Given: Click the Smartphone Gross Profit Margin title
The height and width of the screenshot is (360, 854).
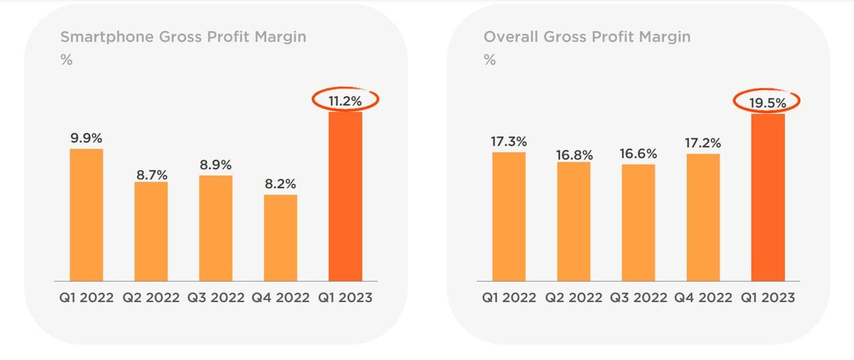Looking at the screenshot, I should [x=183, y=37].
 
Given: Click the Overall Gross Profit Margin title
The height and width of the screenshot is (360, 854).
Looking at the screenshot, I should [x=587, y=37].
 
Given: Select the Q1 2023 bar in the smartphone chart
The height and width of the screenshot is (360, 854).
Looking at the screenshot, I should [x=345, y=197].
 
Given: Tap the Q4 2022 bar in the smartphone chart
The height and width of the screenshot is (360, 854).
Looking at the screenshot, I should [x=281, y=238].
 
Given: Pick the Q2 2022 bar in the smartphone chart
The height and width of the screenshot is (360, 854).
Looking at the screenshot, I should [x=151, y=231].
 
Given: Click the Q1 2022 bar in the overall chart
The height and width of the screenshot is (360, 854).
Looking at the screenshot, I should [x=508, y=217].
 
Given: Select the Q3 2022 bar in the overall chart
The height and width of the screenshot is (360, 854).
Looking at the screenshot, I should [x=638, y=223].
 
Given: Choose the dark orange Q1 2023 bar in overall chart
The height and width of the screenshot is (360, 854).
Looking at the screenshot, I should [x=767, y=198].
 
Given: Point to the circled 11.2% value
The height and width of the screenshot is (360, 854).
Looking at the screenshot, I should [x=345, y=100].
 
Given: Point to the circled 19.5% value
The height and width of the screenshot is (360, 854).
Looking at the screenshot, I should [x=767, y=102].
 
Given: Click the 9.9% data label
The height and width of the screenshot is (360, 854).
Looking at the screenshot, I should [x=87, y=139].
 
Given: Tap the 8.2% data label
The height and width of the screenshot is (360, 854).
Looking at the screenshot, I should [x=281, y=185].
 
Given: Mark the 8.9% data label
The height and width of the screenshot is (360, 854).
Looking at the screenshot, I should [x=216, y=165].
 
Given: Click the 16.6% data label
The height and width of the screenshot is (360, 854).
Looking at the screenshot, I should [x=638, y=154].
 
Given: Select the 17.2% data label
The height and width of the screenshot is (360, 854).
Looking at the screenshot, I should [x=703, y=143].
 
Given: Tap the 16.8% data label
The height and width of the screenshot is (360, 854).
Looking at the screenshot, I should [x=573, y=155].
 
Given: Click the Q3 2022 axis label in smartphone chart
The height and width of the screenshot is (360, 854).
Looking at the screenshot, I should [x=216, y=298].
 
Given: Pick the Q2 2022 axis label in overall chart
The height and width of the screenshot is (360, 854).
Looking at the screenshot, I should [x=573, y=298].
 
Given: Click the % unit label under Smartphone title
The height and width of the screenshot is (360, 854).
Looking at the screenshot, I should [x=66, y=60].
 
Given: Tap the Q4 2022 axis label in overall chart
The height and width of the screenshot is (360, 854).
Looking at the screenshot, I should [x=703, y=298].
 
